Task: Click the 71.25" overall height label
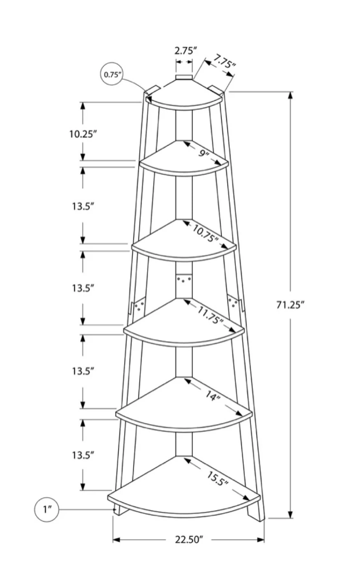pyautogui.click(x=290, y=305)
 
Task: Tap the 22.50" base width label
pyautogui.click(x=189, y=540)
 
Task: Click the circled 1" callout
pyautogui.click(x=47, y=510)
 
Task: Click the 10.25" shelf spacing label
pyautogui.click(x=81, y=134)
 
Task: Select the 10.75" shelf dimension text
pyautogui.click(x=206, y=234)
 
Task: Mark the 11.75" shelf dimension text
pyautogui.click(x=210, y=315)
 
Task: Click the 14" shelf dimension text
pyautogui.click(x=212, y=395)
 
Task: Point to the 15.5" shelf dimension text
pyautogui.click(x=217, y=478)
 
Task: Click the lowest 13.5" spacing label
pyautogui.click(x=83, y=455)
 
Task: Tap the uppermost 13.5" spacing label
pyautogui.click(x=83, y=206)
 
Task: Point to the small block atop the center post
pyautogui.click(x=184, y=77)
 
